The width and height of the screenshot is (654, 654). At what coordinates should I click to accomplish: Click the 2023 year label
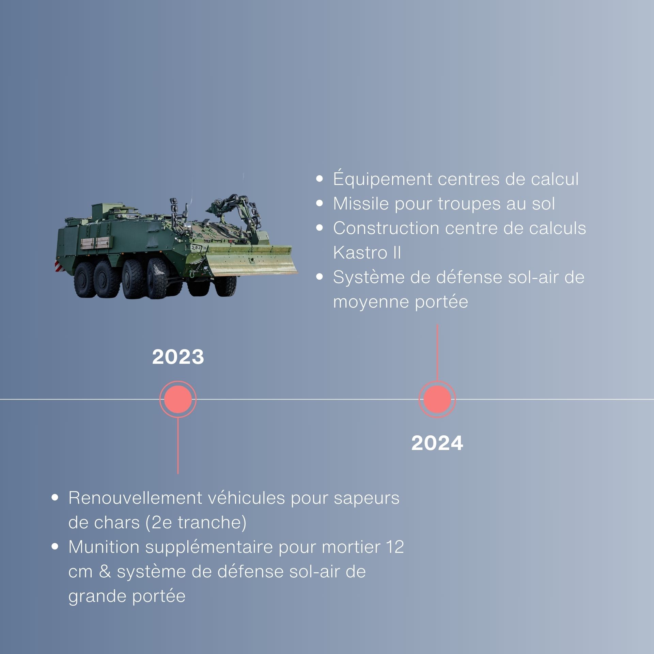click(178, 357)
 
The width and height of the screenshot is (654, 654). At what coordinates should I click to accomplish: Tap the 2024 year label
click(437, 443)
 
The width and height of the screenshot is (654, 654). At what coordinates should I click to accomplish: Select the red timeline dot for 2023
click(178, 399)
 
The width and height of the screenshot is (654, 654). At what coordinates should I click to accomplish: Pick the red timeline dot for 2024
click(437, 399)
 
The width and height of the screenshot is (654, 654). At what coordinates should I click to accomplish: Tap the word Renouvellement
click(135, 498)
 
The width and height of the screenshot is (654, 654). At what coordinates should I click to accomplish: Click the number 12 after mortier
click(395, 547)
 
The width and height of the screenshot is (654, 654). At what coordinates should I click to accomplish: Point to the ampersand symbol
click(105, 572)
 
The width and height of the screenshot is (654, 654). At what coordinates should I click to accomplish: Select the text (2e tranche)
click(196, 523)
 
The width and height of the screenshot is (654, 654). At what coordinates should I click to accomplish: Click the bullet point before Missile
click(320, 203)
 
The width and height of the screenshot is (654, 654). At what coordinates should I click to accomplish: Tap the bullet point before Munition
click(55, 547)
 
